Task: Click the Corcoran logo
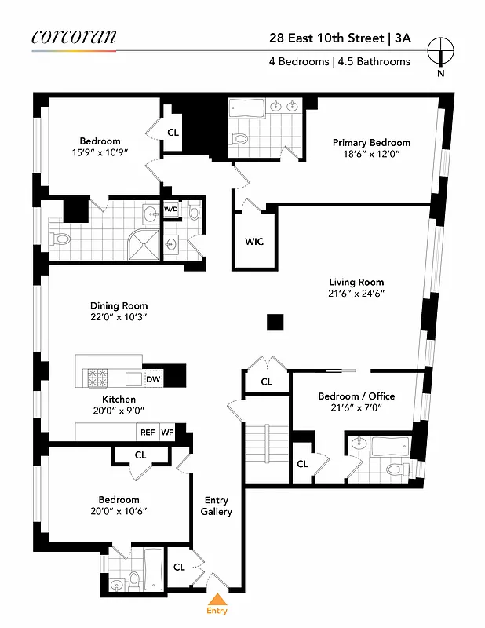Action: pyautogui.click(x=74, y=36)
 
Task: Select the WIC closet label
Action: pyautogui.click(x=253, y=241)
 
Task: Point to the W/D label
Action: pyautogui.click(x=170, y=210)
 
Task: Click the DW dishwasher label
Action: pyautogui.click(x=153, y=379)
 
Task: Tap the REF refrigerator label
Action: pyautogui.click(x=148, y=432)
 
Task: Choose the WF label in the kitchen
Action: pyautogui.click(x=167, y=432)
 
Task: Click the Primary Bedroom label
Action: pyautogui.click(x=371, y=142)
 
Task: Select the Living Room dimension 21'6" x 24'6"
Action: pyautogui.click(x=356, y=294)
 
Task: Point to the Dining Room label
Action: pyautogui.click(x=119, y=306)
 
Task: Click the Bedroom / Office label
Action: pyautogui.click(x=356, y=396)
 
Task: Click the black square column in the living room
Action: pyautogui.click(x=274, y=322)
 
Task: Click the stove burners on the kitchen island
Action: pyautogui.click(x=100, y=377)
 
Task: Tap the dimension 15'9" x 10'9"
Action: pyautogui.click(x=99, y=153)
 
